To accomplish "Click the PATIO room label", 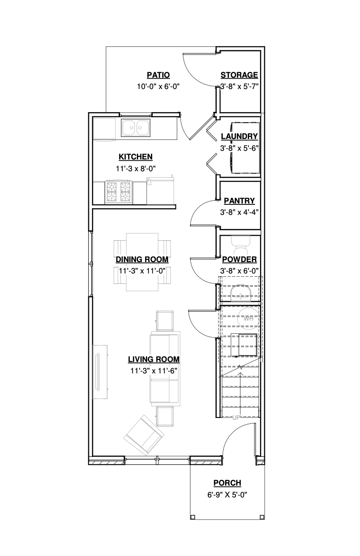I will (158, 75).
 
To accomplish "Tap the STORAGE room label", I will (239, 75).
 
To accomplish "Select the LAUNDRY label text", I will (239, 136).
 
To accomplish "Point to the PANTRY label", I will (239, 200).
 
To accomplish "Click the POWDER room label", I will (239, 259).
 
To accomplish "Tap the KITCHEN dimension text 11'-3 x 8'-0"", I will (135, 168).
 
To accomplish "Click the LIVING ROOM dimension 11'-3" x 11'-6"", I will (153, 370).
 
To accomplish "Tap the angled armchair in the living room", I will (144, 435).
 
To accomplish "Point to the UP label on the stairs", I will (235, 417).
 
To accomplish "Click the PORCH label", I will (227, 483).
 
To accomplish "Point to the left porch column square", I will (193, 516).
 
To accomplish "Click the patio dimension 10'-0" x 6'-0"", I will (158, 86).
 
